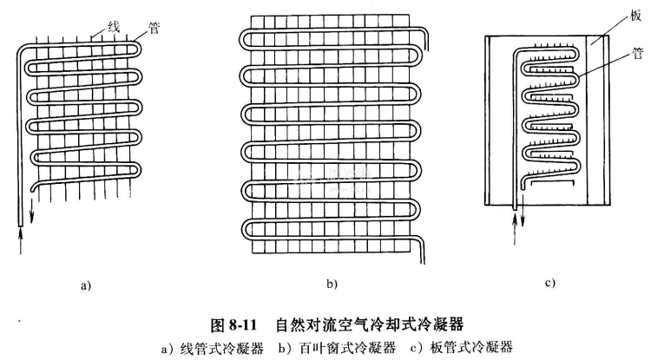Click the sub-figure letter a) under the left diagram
(85, 284)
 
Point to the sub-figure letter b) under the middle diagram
(331, 284)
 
